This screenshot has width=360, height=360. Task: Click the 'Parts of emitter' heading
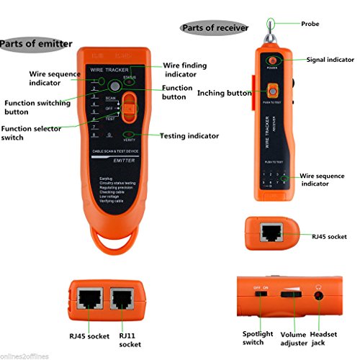[x=36, y=43]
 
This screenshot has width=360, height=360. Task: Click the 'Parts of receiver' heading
[x=215, y=28]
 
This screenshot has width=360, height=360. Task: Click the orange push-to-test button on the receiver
[x=273, y=91]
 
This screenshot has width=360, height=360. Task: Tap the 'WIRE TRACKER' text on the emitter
[x=107, y=69]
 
